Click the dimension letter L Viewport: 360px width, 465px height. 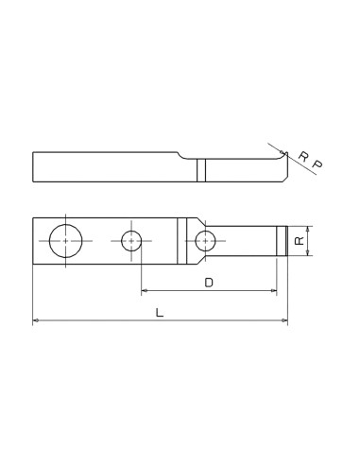tap(160, 312)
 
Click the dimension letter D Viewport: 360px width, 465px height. tap(209, 282)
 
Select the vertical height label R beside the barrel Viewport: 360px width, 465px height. tap(299, 241)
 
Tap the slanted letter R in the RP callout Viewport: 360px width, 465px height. tap(302, 156)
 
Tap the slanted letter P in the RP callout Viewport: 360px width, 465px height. tap(317, 165)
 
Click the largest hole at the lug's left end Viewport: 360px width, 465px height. tap(65, 241)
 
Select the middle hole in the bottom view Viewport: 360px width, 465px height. tap(131, 241)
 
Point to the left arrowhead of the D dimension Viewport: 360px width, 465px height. tap(145, 291)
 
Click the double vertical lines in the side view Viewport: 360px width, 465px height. tap(201, 170)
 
